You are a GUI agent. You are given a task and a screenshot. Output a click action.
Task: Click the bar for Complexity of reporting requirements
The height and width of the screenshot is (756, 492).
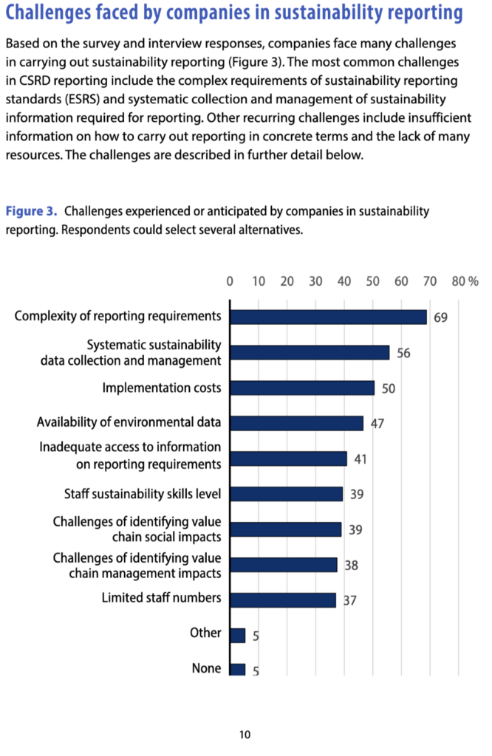(328, 317)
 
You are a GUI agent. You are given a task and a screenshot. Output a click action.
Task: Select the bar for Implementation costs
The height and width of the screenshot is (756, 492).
(302, 388)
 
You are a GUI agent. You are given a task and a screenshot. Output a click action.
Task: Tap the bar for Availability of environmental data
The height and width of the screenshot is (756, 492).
(296, 423)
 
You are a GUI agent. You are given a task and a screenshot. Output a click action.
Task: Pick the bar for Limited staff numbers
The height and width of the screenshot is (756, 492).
(283, 599)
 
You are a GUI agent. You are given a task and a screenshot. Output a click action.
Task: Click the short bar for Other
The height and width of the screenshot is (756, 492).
(238, 635)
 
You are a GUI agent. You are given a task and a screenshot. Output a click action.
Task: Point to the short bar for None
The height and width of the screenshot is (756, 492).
(238, 670)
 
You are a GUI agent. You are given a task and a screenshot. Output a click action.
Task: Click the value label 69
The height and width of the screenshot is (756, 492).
(441, 317)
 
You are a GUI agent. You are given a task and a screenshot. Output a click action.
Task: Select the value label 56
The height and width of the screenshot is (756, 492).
(403, 353)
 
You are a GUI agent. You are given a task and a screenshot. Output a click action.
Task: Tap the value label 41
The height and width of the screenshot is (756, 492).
(361, 458)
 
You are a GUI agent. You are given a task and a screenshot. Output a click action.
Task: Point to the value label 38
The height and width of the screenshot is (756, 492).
(351, 565)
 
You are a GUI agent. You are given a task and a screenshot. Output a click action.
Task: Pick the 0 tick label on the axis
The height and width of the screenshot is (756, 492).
(230, 281)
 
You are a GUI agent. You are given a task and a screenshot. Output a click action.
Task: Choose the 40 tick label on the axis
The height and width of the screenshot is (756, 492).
(344, 281)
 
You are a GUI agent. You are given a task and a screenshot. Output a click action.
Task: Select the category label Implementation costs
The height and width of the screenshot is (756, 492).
(162, 388)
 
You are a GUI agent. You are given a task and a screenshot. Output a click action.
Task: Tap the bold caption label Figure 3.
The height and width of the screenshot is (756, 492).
(31, 211)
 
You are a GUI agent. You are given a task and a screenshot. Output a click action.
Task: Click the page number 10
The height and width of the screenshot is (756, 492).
(245, 734)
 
